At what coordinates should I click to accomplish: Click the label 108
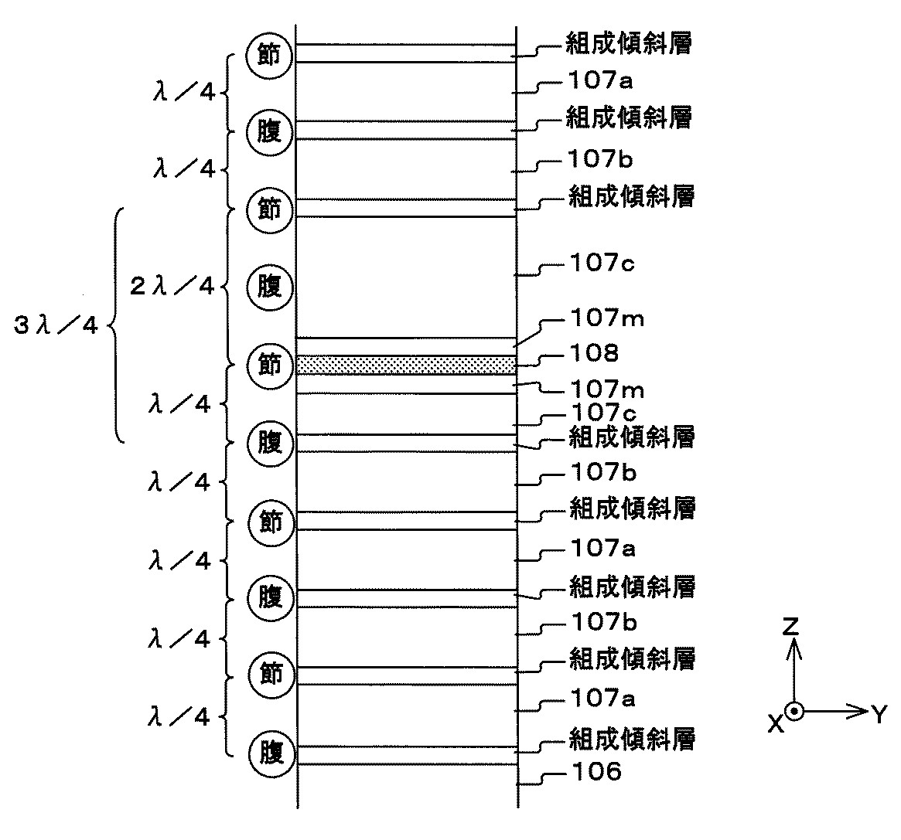point(594,352)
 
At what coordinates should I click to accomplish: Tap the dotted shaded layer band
point(406,366)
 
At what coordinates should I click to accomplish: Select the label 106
point(596,771)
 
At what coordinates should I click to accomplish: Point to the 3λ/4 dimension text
point(56,325)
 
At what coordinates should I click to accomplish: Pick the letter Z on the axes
point(791,627)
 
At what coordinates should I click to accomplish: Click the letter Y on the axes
point(879,714)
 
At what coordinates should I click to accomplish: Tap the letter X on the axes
point(776,724)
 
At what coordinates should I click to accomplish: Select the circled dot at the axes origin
point(794,712)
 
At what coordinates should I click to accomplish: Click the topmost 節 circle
point(269,55)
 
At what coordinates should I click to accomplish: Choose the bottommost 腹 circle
point(271,753)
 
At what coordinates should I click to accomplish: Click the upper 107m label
point(607,318)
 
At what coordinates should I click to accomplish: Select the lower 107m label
point(607,389)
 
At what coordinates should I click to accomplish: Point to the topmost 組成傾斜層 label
point(629,43)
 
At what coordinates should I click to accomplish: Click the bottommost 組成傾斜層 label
point(632,739)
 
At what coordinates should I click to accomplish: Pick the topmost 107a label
point(600,80)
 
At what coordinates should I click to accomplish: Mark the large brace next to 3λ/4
point(117,325)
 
